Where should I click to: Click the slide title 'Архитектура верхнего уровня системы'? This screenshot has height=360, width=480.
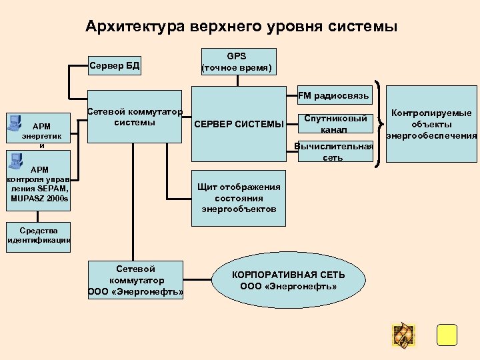click(x=241, y=27)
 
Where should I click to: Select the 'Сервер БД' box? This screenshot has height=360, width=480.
click(x=114, y=66)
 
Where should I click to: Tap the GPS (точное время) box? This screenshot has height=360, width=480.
click(x=236, y=61)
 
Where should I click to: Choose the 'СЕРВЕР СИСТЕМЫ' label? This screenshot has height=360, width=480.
click(x=238, y=124)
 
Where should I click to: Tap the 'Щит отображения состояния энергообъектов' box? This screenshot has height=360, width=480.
click(x=239, y=198)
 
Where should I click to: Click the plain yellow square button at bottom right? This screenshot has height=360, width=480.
click(x=447, y=335)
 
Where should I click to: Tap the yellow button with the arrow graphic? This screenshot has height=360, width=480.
click(x=403, y=335)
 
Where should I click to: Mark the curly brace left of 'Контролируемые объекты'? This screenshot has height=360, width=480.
click(x=380, y=125)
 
